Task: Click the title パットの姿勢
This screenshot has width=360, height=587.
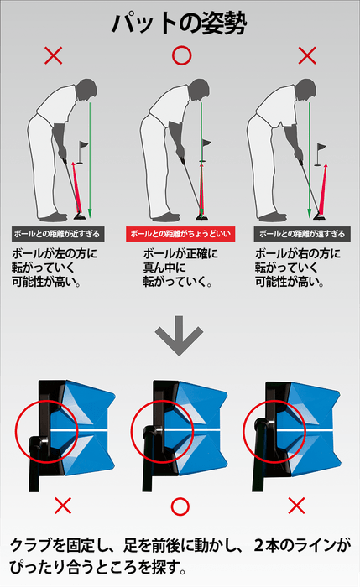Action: [x=179, y=23]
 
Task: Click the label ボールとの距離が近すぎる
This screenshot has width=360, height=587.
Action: [x=55, y=234]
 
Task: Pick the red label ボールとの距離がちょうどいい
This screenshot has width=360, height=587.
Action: [x=180, y=234]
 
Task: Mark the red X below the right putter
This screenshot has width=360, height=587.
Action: [x=296, y=505]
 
